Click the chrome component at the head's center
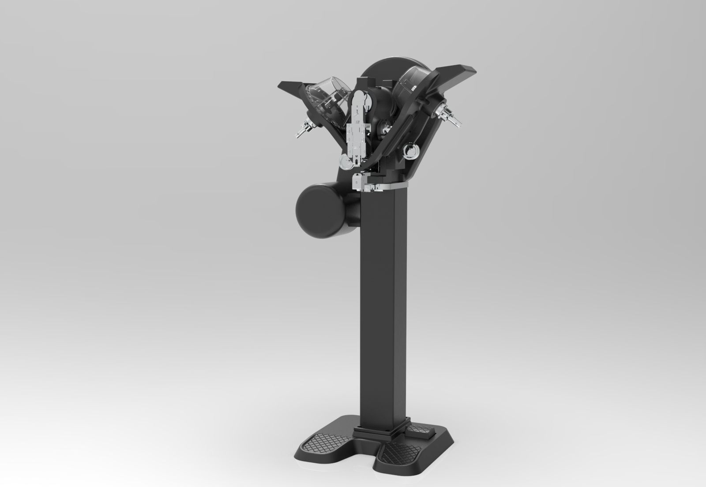[x=385, y=128]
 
